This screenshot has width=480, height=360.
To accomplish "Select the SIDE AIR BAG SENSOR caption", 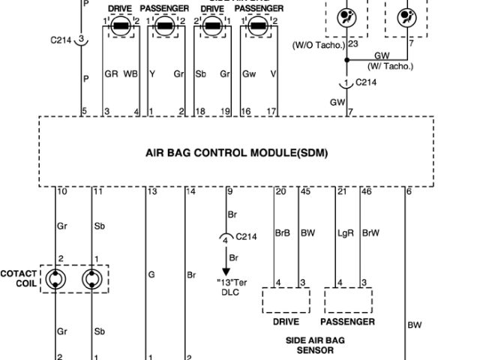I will point(316,345).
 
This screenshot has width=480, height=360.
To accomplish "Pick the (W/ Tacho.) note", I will point(390,64).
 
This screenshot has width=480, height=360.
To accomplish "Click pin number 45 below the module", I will point(304,193).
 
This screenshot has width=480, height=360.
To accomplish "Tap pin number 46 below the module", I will point(366,193).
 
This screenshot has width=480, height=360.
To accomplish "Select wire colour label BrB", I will point(282,233).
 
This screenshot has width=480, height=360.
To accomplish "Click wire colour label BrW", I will point(369,233).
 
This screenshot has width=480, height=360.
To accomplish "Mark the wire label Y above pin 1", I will point(152,74).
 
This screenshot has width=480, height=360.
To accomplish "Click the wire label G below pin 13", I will point(151,275).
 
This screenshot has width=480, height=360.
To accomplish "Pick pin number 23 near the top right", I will point(352,43).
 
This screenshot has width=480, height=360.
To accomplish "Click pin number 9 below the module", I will point(229,193).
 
